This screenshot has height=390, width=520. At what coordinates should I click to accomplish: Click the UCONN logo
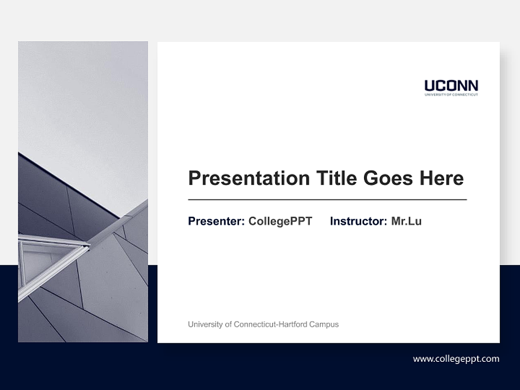[x=451, y=87]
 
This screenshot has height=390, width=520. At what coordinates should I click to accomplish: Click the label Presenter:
[x=216, y=221]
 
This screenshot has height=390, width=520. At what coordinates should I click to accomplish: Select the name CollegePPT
[x=280, y=221]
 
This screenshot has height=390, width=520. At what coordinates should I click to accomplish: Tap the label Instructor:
[x=358, y=221]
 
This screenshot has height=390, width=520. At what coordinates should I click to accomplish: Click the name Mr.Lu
[x=406, y=221]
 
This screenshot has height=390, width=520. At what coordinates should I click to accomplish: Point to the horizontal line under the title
[x=327, y=200]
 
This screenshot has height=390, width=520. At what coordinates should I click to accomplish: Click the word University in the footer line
[x=205, y=324]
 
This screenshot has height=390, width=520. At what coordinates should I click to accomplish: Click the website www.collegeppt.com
[x=456, y=359]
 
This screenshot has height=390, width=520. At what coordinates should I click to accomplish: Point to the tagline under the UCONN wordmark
[x=451, y=95]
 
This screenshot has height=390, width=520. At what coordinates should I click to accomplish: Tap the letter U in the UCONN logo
[x=430, y=86]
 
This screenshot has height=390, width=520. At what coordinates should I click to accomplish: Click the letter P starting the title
[x=194, y=178]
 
